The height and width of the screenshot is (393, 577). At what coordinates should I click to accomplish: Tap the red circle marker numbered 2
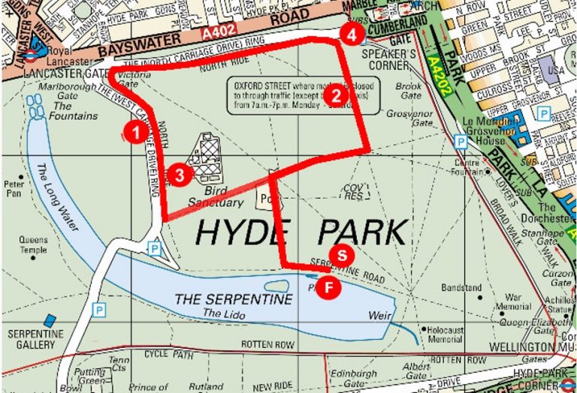[336, 95]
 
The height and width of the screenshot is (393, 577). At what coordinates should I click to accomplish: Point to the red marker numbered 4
[352, 33]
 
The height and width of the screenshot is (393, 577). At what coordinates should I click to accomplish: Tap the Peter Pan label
[14, 187]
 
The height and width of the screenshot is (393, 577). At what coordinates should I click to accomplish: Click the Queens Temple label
[33, 245]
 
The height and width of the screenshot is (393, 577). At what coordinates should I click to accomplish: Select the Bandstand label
[461, 287]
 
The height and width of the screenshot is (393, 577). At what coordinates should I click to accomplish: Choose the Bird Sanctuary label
[219, 196]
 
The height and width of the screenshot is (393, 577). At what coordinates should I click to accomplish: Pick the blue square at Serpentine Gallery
[50, 321]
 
